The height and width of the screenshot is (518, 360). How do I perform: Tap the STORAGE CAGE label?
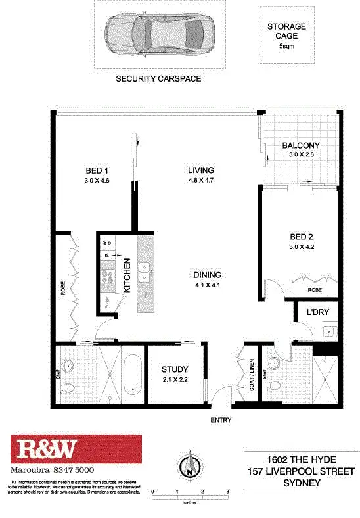coord(286,31)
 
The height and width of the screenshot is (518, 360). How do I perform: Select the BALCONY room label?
coord(301,145)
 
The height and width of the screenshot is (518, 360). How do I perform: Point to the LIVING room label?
coord(202,170)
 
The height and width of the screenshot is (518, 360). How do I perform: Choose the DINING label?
coord(207,275)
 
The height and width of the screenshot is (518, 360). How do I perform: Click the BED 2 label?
coord(304,237)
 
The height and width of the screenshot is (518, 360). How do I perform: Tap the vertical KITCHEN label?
coord(127,276)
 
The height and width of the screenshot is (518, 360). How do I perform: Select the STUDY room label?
coord(174,369)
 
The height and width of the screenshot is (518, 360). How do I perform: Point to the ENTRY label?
coord(221,420)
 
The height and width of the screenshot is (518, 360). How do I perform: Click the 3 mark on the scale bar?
coord(227,492)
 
